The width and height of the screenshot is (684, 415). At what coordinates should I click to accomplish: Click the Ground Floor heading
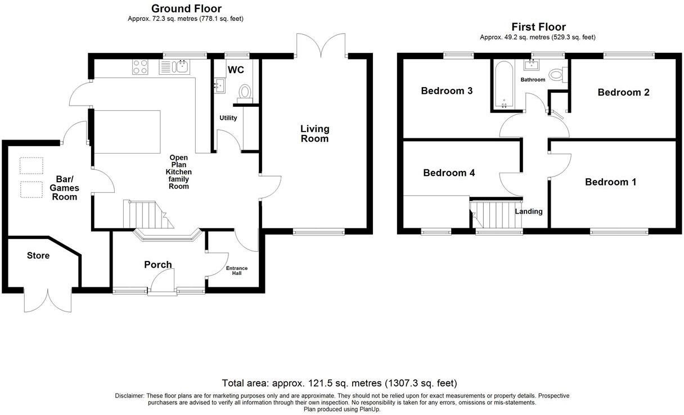(x=186, y=8)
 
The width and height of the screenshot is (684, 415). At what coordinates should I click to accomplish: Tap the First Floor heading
(x=538, y=27)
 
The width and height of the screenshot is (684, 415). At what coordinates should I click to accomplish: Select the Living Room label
(x=314, y=134)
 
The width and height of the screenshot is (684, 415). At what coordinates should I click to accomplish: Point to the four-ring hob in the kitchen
(x=141, y=68)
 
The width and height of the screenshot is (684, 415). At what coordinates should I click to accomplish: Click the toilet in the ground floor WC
(x=245, y=92)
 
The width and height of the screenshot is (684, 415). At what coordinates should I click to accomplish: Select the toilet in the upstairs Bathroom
(x=557, y=74)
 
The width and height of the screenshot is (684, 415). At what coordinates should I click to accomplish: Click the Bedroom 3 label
(x=447, y=91)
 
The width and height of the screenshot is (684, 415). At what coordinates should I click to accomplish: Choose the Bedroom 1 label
(x=610, y=182)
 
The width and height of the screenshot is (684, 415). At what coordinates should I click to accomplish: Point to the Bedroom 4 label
(x=449, y=173)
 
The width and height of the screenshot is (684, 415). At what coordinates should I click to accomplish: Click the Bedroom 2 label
(x=623, y=92)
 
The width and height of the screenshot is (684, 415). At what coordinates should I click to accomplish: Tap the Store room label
(x=38, y=256)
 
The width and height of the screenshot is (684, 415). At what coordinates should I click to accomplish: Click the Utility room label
(x=228, y=118)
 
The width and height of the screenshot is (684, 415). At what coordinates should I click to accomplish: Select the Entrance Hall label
(x=236, y=271)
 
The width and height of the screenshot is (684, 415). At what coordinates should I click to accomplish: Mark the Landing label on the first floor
(x=529, y=211)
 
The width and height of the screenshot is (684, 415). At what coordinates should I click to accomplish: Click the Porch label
(x=157, y=265)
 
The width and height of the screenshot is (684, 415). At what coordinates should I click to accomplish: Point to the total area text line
(x=339, y=384)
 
